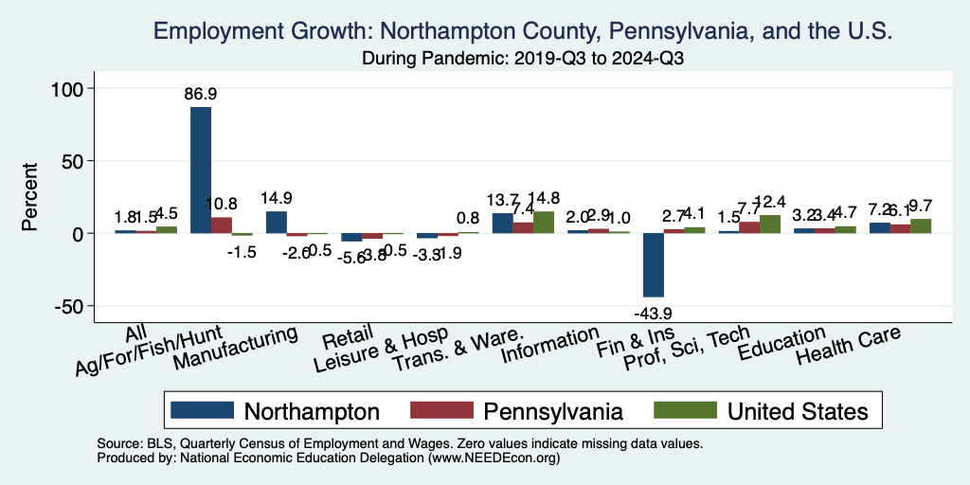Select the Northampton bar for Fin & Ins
point(654,265)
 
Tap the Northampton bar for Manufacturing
point(277,223)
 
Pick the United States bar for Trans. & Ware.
point(544,223)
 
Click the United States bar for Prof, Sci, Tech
point(770,225)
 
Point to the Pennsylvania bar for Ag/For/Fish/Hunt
point(221,225)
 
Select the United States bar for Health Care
point(921,226)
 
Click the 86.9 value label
point(201,95)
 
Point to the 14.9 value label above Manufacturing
point(277,198)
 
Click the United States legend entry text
point(798,410)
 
